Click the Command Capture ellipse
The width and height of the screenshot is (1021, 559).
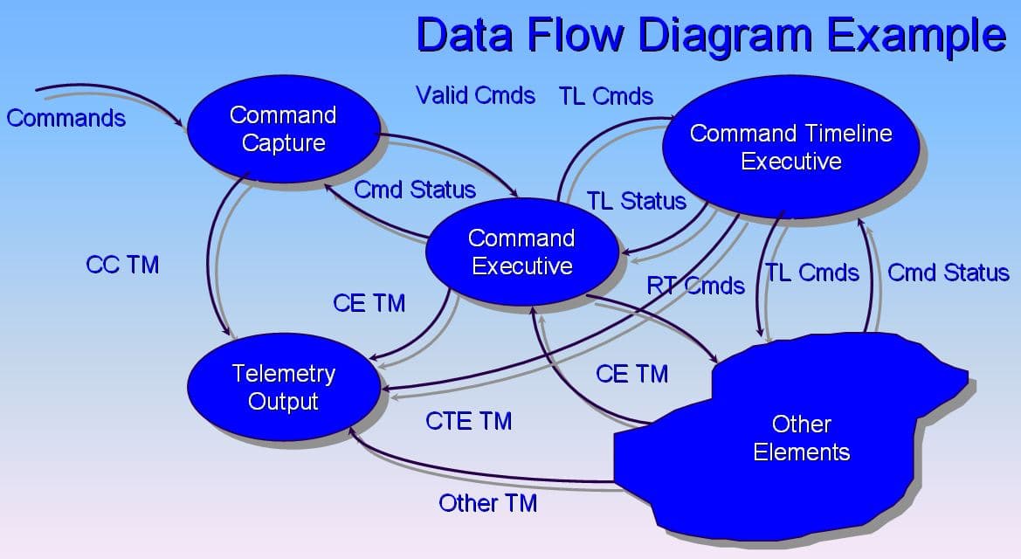tap(282, 129)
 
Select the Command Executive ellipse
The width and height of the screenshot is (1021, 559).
tap(521, 252)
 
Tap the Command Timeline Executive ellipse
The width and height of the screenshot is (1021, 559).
tap(790, 147)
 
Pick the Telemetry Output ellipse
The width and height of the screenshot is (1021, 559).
tap(284, 388)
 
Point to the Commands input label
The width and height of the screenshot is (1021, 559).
tap(66, 118)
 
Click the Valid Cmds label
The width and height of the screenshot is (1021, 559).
tap(475, 95)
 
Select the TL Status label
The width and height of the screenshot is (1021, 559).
tap(636, 201)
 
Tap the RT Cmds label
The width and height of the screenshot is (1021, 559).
tap(696, 286)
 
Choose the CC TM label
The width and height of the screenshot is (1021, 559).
tap(122, 265)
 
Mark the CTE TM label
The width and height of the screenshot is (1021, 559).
tap(468, 421)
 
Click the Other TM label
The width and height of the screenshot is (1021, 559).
tap(487, 503)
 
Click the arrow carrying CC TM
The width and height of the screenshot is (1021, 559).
tap(210, 262)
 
